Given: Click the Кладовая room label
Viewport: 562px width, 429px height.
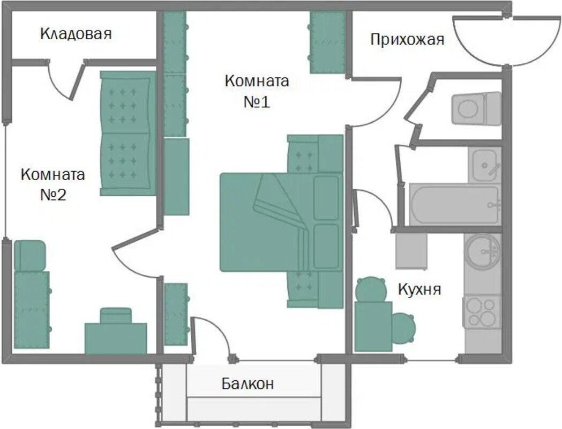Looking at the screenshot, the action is [76, 34].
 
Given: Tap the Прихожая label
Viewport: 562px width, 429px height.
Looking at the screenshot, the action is [407, 40].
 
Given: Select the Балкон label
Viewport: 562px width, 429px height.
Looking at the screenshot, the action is [248, 383].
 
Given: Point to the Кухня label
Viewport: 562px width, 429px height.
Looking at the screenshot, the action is [419, 289].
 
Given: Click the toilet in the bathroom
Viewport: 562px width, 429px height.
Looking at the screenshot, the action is [476, 108].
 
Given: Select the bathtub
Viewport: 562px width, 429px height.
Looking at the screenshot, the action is [454, 205].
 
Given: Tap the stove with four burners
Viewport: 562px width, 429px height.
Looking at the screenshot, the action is [482, 312].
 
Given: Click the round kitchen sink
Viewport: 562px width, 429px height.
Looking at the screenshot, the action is [482, 252].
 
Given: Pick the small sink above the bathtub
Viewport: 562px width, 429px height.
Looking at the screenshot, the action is [484, 165].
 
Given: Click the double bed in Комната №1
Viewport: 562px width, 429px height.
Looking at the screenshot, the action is [281, 222].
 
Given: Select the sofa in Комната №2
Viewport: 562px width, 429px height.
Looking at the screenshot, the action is [128, 134].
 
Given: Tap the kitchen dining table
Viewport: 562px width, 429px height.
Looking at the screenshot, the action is [373, 327].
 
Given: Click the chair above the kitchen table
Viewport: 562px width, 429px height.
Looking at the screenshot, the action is [370, 289].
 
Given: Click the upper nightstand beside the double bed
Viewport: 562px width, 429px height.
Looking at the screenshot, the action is [316, 154].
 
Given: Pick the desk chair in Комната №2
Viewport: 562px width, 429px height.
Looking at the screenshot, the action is [115, 315].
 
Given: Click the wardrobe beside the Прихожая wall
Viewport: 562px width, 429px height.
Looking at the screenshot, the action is [327, 42].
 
